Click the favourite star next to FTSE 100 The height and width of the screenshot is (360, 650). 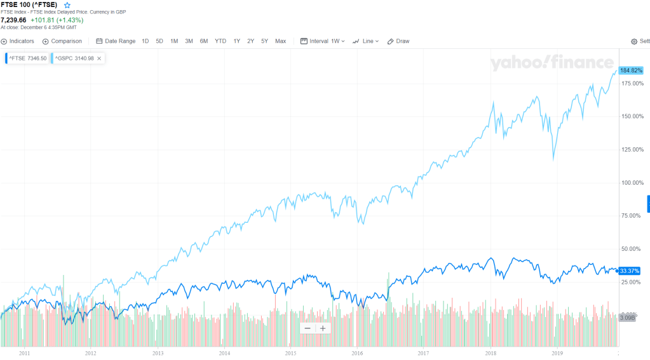67,5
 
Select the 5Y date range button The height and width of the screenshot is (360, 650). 264,41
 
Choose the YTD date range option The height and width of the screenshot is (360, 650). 220,41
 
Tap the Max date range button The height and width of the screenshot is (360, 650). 280,41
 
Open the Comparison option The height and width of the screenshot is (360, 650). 62,41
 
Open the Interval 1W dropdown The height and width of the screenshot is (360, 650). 323,41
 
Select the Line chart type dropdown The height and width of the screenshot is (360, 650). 366,41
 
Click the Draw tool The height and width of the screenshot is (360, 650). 398,41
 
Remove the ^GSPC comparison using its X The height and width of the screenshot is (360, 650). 99,58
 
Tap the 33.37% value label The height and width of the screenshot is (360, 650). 628,271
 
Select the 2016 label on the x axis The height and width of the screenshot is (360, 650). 357,352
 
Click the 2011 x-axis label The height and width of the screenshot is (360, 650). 25,352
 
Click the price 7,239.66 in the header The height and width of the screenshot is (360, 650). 13,20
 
